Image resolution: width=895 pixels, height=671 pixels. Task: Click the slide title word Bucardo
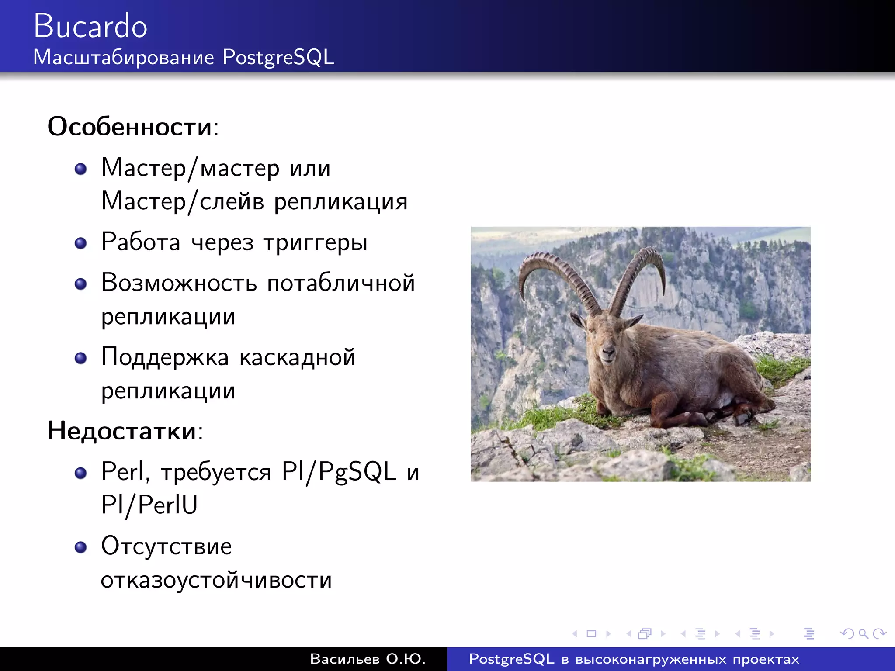(90, 26)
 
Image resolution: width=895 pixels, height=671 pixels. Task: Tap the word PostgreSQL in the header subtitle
(278, 58)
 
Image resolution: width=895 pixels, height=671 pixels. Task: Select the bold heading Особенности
(130, 127)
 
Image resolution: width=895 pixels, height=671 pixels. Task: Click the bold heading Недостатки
(122, 431)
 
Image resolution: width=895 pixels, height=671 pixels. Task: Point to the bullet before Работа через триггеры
(80, 243)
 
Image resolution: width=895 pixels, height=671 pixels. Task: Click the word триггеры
(315, 243)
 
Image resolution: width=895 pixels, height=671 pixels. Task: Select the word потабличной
(341, 283)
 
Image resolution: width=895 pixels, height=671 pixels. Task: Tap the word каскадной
(297, 357)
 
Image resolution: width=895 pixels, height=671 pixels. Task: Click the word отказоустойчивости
(216, 580)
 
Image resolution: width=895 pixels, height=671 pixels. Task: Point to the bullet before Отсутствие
(80, 547)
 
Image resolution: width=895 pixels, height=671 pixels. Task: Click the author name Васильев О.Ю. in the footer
(368, 659)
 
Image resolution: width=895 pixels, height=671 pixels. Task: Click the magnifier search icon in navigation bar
(863, 633)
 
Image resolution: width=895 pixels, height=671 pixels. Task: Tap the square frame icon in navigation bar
(591, 633)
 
